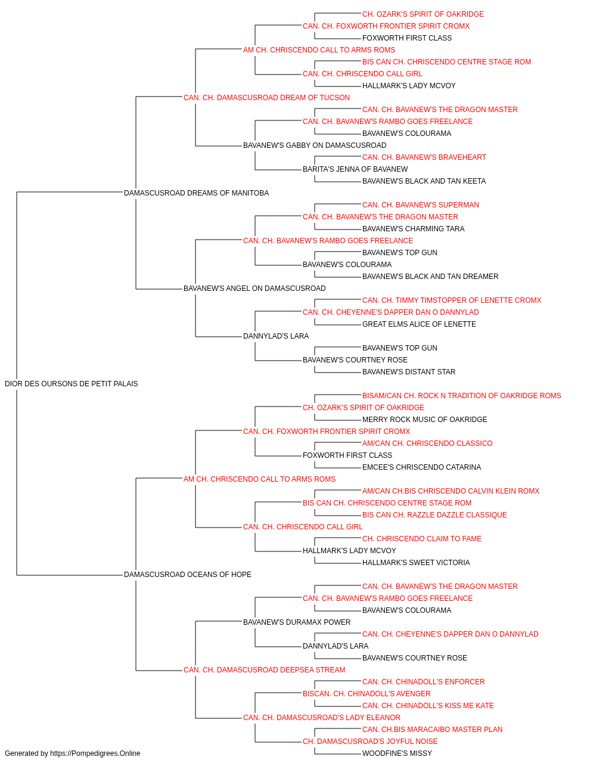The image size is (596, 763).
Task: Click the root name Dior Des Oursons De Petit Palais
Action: pyautogui.click(x=72, y=384)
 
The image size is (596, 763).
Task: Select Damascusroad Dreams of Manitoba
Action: pyautogui.click(x=196, y=193)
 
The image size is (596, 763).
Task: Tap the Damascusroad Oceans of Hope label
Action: pyautogui.click(x=187, y=575)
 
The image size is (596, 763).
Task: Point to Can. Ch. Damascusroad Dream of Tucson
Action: pyautogui.click(x=266, y=98)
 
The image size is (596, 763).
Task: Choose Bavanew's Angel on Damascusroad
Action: pyautogui.click(x=254, y=289)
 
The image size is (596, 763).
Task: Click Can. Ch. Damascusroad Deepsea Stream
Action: pyautogui.click(x=264, y=670)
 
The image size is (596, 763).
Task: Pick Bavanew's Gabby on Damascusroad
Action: pyautogui.click(x=315, y=145)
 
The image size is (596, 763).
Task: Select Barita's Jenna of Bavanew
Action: pyautogui.click(x=355, y=169)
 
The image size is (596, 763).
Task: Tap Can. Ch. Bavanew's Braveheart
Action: pyautogui.click(x=424, y=157)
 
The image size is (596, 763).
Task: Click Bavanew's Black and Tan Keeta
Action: pyautogui.click(x=424, y=181)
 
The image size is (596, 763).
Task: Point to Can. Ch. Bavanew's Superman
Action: pyautogui.click(x=421, y=205)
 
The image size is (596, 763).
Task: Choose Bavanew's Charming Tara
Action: pyautogui.click(x=413, y=229)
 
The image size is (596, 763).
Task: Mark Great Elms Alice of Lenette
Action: pyautogui.click(x=419, y=324)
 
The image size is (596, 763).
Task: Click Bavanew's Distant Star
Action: pyautogui.click(x=409, y=372)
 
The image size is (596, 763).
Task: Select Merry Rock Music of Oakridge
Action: pyautogui.click(x=424, y=420)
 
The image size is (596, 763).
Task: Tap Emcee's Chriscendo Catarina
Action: pyautogui.click(x=421, y=467)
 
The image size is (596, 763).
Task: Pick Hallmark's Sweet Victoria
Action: pyautogui.click(x=416, y=563)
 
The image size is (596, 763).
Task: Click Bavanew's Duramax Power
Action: pyautogui.click(x=297, y=622)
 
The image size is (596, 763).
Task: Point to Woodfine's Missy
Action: pyautogui.click(x=397, y=753)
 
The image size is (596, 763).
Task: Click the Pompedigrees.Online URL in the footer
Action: pyautogui.click(x=95, y=753)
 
